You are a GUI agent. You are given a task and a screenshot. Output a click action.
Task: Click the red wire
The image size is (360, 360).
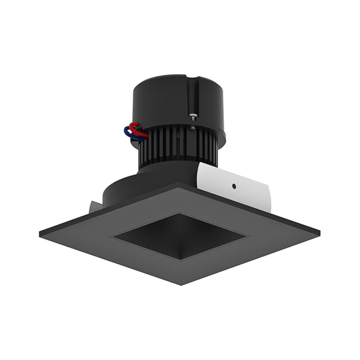tap(136, 127)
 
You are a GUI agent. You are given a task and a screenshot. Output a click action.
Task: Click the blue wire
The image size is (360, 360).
tap(129, 133)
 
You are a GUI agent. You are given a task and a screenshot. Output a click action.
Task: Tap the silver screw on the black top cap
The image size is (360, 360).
tap(193, 118)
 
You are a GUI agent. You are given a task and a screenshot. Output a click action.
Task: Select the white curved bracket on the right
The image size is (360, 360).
tap(240, 186)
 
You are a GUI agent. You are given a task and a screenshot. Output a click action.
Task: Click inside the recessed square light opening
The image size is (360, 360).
tap(180, 237)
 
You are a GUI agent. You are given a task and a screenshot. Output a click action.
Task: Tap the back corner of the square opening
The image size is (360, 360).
tap(178, 214)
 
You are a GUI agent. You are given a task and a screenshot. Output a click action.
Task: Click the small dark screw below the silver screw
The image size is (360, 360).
tap(192, 127)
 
